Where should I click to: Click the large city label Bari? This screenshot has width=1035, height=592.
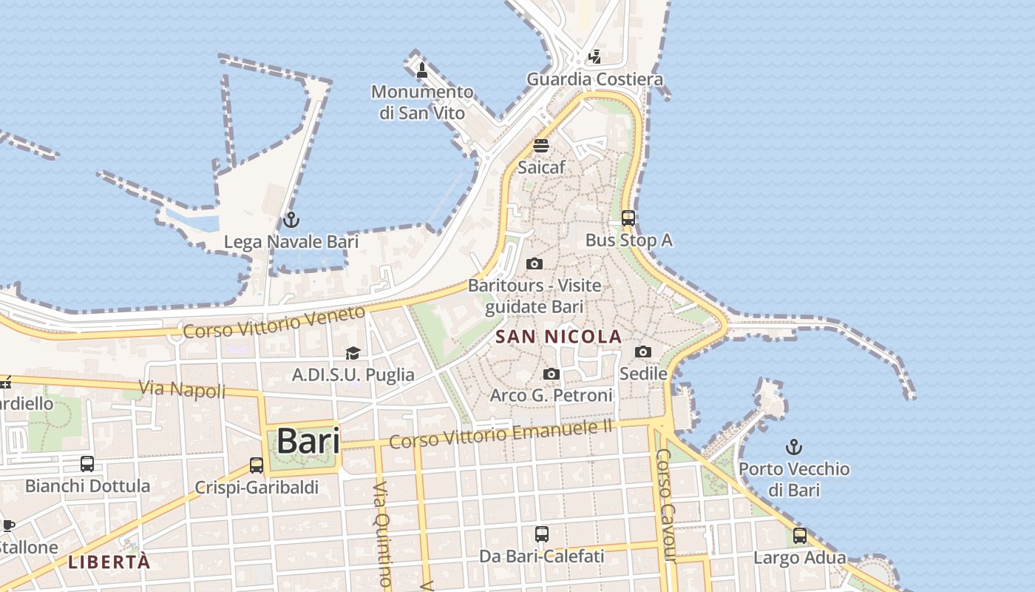pyautogui.click(x=308, y=441)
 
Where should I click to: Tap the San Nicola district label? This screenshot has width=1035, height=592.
pyautogui.click(x=558, y=337)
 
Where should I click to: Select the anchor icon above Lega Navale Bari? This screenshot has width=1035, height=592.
pyautogui.click(x=291, y=221)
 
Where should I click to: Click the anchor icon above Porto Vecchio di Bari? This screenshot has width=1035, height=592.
pyautogui.click(x=793, y=447)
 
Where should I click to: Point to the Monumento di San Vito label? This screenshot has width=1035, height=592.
pyautogui.click(x=422, y=102)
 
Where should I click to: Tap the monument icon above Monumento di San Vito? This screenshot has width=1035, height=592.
pyautogui.click(x=422, y=70)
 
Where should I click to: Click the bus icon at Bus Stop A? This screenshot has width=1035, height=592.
pyautogui.click(x=628, y=218)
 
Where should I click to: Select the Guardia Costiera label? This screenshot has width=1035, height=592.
pyautogui.click(x=594, y=79)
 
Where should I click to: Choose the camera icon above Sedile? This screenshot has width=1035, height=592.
pyautogui.click(x=643, y=352)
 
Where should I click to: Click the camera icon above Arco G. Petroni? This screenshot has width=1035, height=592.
pyautogui.click(x=551, y=374)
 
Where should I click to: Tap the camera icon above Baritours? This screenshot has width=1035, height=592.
pyautogui.click(x=534, y=264)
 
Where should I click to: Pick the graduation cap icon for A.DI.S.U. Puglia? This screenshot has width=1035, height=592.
pyautogui.click(x=353, y=354)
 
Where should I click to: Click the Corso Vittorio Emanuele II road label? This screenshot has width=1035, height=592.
pyautogui.click(x=501, y=433)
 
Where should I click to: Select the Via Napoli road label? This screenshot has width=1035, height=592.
pyautogui.click(x=182, y=388)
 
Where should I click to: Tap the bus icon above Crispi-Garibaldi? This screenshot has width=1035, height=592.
pyautogui.click(x=257, y=465)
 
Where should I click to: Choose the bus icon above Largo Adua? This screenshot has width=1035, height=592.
pyautogui.click(x=800, y=536)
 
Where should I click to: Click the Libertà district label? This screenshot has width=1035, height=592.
pyautogui.click(x=109, y=562)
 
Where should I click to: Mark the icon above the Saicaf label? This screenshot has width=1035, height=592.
pyautogui.click(x=541, y=146)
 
